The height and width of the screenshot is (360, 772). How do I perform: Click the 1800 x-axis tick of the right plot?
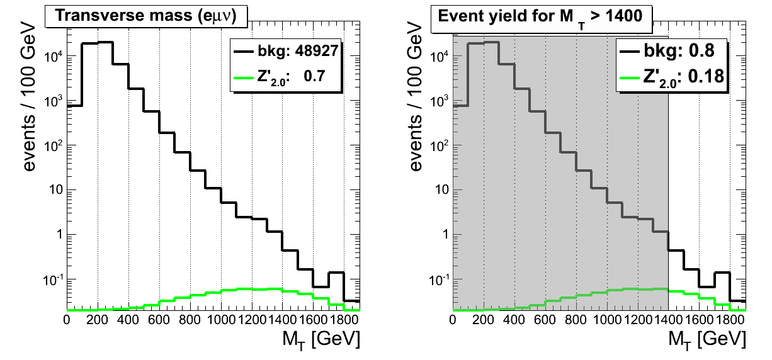[x=730, y=319]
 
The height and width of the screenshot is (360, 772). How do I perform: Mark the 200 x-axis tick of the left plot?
[x=98, y=319]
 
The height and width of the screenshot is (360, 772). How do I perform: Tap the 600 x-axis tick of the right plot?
[x=545, y=319]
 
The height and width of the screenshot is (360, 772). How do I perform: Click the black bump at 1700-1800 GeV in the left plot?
[x=336, y=273]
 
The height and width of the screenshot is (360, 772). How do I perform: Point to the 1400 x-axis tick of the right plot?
[x=669, y=319]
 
